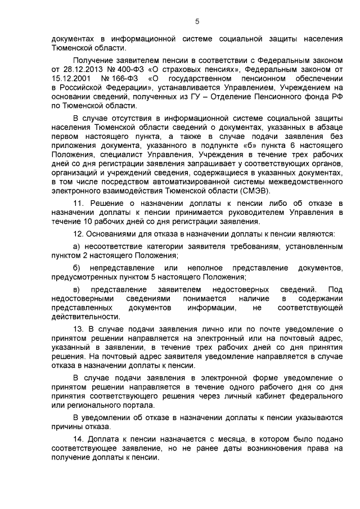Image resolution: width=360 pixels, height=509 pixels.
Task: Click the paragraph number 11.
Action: pos(79,202)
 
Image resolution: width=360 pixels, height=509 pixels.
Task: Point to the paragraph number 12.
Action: pos(79,233)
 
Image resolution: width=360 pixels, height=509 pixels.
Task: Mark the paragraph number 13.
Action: pos(79,328)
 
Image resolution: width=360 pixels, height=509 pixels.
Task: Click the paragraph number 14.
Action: pos(79,439)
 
